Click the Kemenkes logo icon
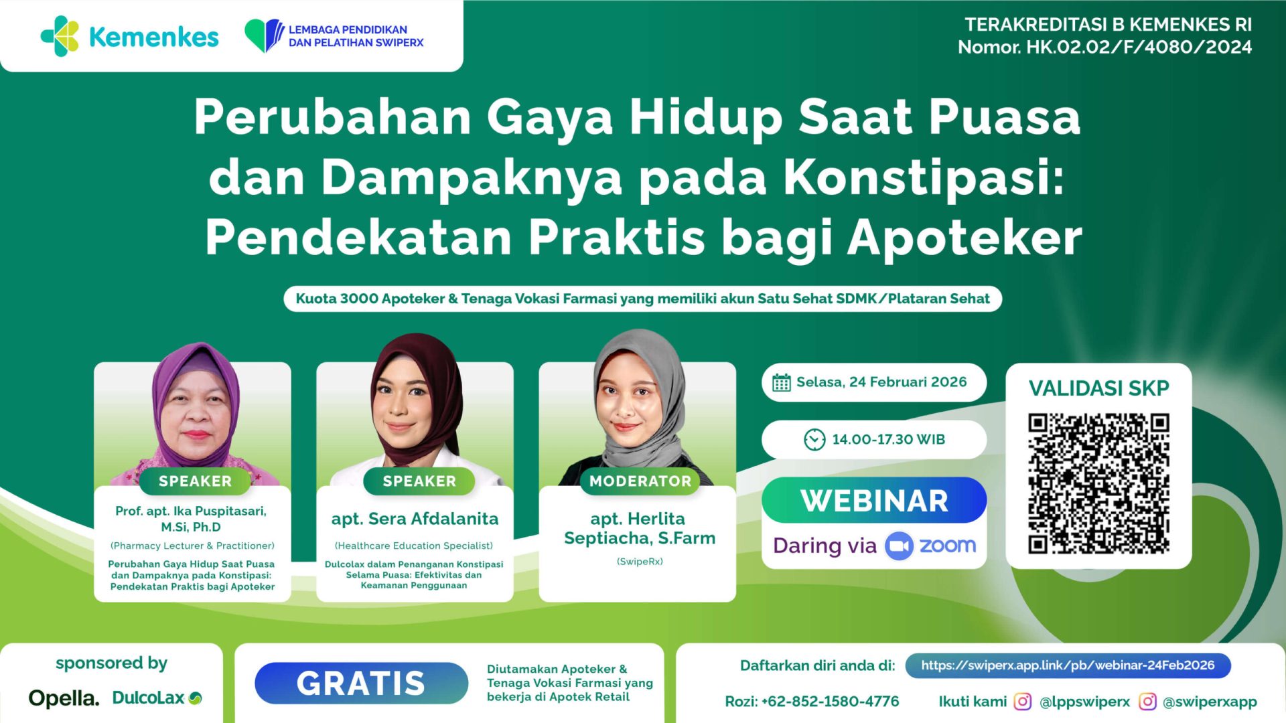(x=60, y=36)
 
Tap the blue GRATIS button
(x=361, y=683)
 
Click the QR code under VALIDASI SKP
(x=1098, y=483)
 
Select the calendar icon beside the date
(x=781, y=383)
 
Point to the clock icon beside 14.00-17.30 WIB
(x=814, y=440)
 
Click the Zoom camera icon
(x=899, y=546)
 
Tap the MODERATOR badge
(x=640, y=481)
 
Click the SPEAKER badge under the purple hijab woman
(x=195, y=481)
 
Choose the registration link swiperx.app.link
(x=1068, y=665)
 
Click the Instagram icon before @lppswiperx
(x=1022, y=702)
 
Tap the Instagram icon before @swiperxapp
(x=1147, y=702)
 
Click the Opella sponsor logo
(x=64, y=698)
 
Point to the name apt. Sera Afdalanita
(x=415, y=519)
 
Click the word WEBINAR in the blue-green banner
(x=874, y=501)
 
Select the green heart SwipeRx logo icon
(x=264, y=35)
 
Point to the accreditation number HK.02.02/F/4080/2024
(x=1139, y=47)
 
